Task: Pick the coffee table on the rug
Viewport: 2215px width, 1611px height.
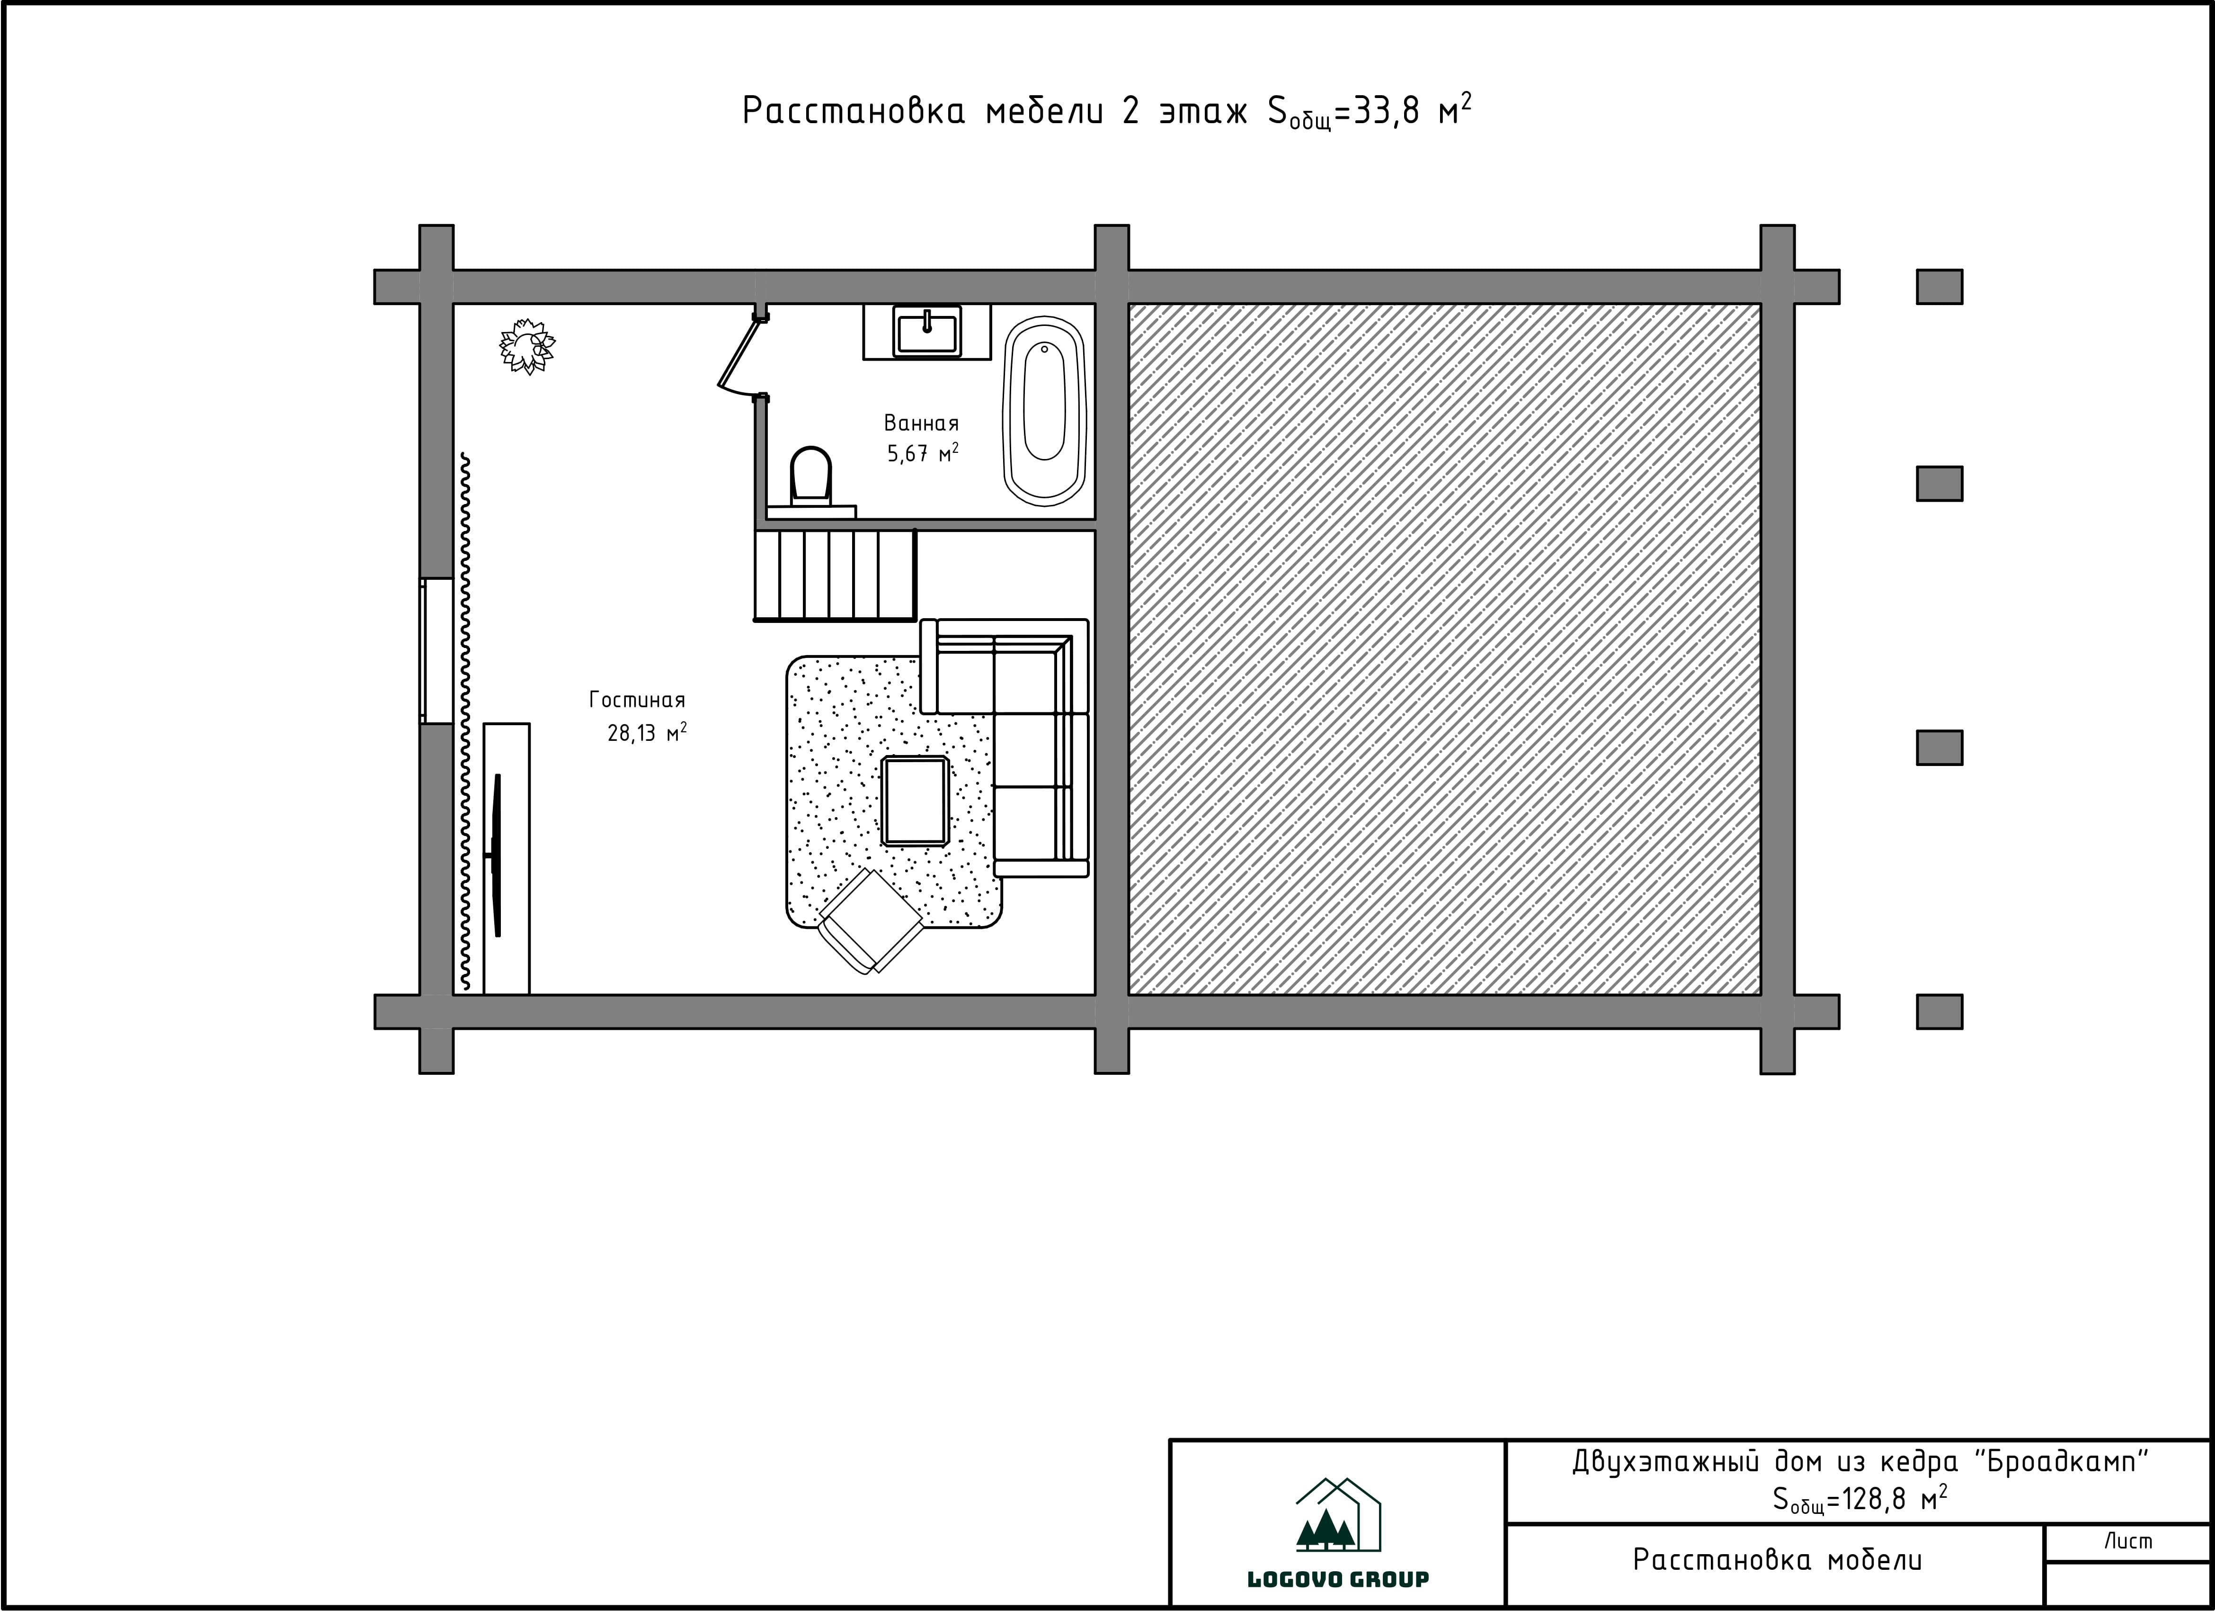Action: (x=915, y=800)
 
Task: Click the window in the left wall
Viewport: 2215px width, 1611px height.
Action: (x=436, y=651)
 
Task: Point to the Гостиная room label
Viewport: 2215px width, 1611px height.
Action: (x=637, y=700)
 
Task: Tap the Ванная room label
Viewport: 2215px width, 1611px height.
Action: (x=921, y=423)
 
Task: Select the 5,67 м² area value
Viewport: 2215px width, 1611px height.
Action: (x=922, y=453)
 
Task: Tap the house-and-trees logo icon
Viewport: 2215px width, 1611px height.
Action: (x=1338, y=1515)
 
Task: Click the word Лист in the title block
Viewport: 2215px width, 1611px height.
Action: (x=2128, y=1542)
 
